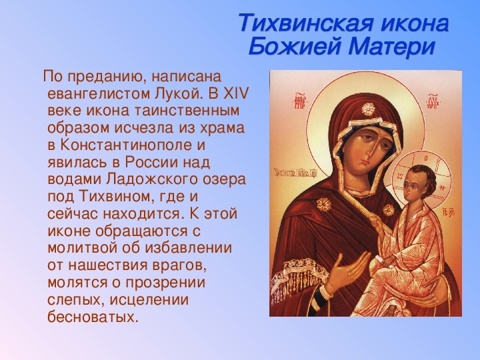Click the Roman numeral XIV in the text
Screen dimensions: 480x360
tap(235, 94)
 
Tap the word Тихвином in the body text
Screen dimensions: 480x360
tap(116, 196)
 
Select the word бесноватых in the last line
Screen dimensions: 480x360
tap(91, 316)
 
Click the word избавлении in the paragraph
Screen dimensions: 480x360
tap(188, 247)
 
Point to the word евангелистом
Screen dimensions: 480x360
tap(97, 94)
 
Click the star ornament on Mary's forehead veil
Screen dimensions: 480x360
tap(368, 109)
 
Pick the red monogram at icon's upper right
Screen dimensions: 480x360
tap(435, 101)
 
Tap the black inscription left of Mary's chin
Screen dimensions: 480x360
tap(295, 175)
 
